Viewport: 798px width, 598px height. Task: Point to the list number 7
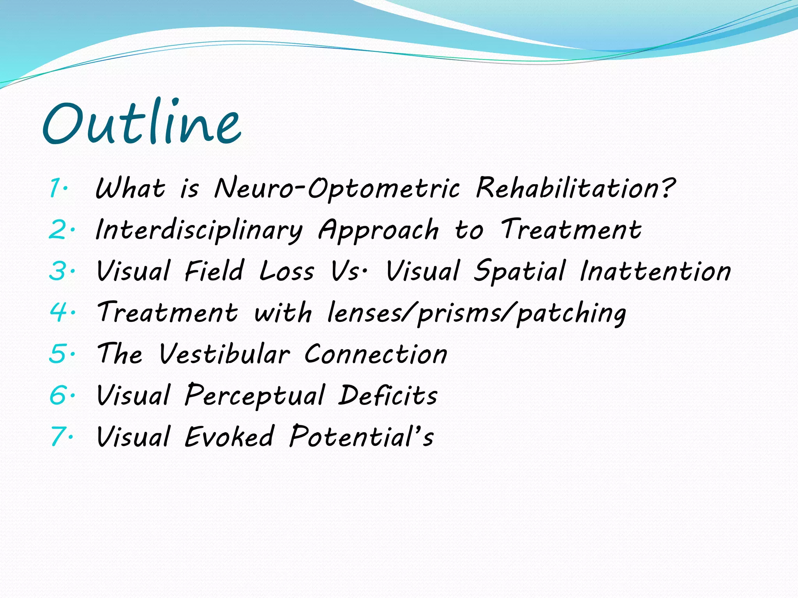(x=58, y=436)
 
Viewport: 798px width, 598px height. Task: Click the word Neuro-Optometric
(x=337, y=189)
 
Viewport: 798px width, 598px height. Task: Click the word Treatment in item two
(x=571, y=230)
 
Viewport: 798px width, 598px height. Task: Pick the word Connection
(x=376, y=354)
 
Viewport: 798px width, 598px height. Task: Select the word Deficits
(x=388, y=395)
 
